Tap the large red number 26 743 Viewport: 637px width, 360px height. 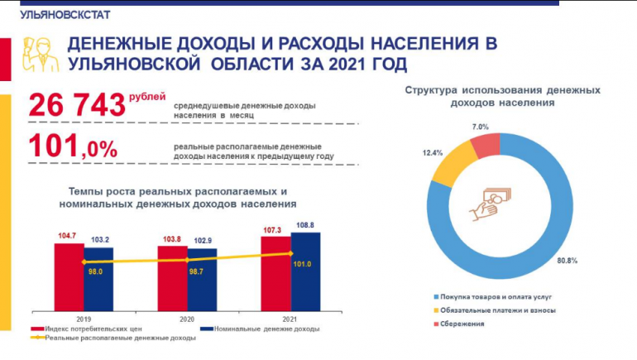click(x=76, y=106)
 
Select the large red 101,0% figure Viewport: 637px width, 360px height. click(x=72, y=147)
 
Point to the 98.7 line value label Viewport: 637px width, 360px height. click(x=195, y=271)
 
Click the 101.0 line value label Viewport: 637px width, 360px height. click(x=302, y=264)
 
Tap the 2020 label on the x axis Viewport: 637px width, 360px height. click(x=186, y=317)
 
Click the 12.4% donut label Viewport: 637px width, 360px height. click(x=432, y=153)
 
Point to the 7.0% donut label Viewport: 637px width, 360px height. click(x=480, y=127)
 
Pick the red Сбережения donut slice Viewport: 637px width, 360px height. click(x=486, y=146)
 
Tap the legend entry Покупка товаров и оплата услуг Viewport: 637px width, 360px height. click(x=491, y=296)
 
